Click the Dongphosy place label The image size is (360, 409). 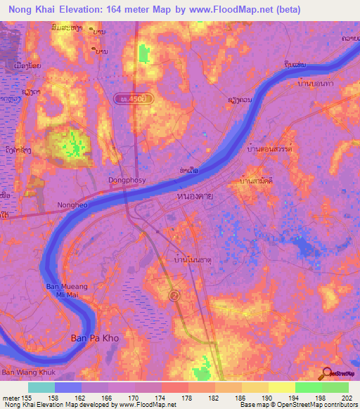click(126, 179)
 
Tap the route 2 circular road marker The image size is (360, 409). click(174, 297)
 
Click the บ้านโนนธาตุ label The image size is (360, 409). click(191, 259)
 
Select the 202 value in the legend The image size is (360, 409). click(348, 397)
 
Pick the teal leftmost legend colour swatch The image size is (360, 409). click(41, 387)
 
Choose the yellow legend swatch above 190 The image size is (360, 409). click(282, 387)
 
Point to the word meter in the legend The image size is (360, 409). click(11, 397)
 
